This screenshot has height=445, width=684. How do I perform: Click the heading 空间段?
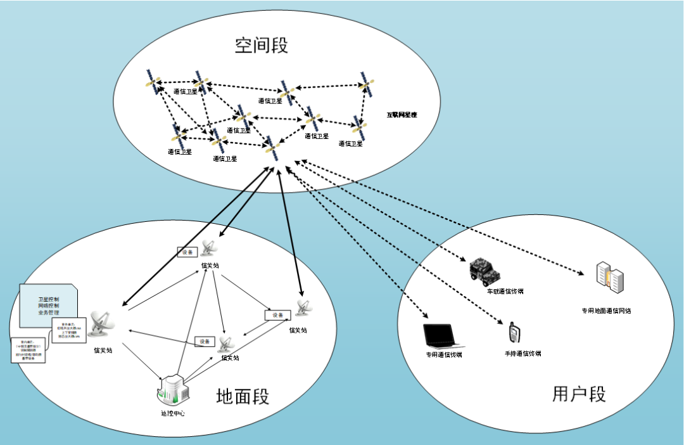coord(262,46)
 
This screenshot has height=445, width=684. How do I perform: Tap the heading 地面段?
coord(243,397)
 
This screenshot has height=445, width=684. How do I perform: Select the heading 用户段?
coord(579,394)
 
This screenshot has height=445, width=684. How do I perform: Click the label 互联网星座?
coord(402,115)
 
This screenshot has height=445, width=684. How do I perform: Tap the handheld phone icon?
coord(514,332)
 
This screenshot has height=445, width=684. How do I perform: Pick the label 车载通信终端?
coord(505,292)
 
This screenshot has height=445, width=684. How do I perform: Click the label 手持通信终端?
coord(522,354)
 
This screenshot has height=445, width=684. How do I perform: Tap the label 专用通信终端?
coord(443,355)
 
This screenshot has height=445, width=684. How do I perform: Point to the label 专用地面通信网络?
coord(606,311)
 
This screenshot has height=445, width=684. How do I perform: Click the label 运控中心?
coord(172,414)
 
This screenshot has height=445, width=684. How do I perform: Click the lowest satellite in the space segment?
coord(273,150)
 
